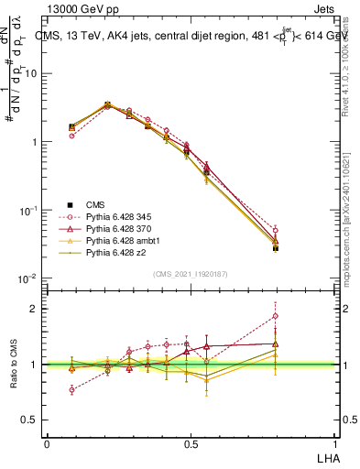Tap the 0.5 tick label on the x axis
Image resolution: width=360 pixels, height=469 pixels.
pos(191,442)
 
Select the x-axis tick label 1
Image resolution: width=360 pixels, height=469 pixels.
pos(335,442)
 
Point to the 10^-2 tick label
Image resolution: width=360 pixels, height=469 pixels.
pos(27,278)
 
